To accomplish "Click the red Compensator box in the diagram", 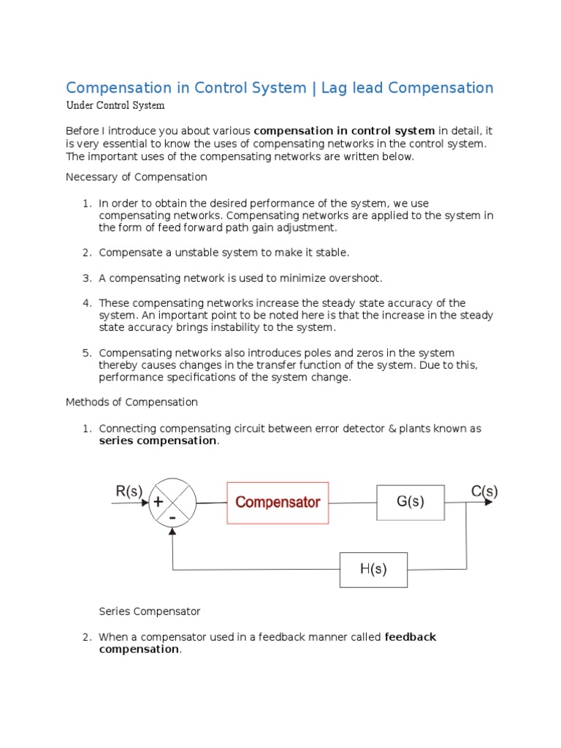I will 278,503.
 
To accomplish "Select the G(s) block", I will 410,502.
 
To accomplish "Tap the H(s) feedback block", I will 373,570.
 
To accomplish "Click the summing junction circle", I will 172,503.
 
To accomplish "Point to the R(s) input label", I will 129,492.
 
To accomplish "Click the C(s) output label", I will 484,492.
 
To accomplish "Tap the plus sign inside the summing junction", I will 158,502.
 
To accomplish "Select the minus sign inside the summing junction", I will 172,517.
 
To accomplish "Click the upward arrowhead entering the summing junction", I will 172,532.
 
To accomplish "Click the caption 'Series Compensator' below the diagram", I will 149,611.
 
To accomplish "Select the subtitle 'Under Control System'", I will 115,105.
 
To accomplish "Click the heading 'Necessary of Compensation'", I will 136,177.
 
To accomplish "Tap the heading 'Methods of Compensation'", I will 131,402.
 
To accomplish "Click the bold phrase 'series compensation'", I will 158,440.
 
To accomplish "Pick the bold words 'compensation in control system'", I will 344,131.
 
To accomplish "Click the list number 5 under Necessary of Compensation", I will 85,353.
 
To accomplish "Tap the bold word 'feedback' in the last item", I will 410,637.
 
